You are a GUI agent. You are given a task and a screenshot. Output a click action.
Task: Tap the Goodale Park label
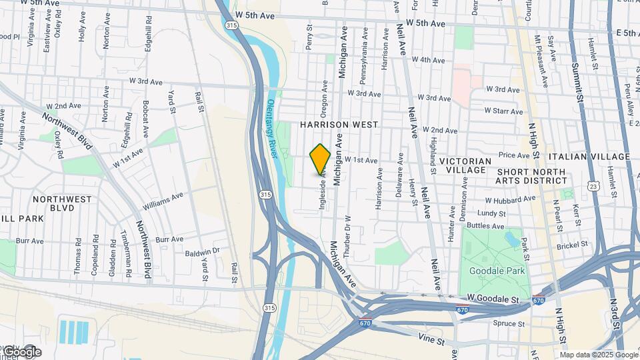(497, 271)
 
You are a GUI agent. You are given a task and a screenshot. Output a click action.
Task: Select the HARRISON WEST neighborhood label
(339, 125)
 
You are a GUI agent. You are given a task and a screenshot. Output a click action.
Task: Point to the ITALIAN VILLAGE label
(589, 157)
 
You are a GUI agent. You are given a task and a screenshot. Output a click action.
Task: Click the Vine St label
(432, 341)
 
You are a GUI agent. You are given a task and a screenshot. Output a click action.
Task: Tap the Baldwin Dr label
(202, 251)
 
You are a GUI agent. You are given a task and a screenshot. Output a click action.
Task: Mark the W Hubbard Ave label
(510, 199)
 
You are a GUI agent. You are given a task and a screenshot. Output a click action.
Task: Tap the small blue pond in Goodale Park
(511, 238)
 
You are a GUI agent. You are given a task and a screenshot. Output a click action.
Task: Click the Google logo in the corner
(21, 351)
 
